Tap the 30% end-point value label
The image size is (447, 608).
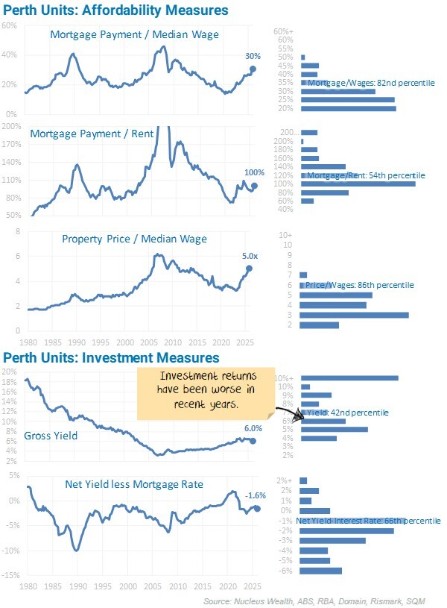(253, 57)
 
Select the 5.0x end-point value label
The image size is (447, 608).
(250, 257)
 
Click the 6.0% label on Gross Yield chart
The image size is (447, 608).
(253, 429)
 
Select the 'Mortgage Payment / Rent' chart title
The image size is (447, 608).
(92, 134)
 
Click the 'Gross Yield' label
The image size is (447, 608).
(51, 436)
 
